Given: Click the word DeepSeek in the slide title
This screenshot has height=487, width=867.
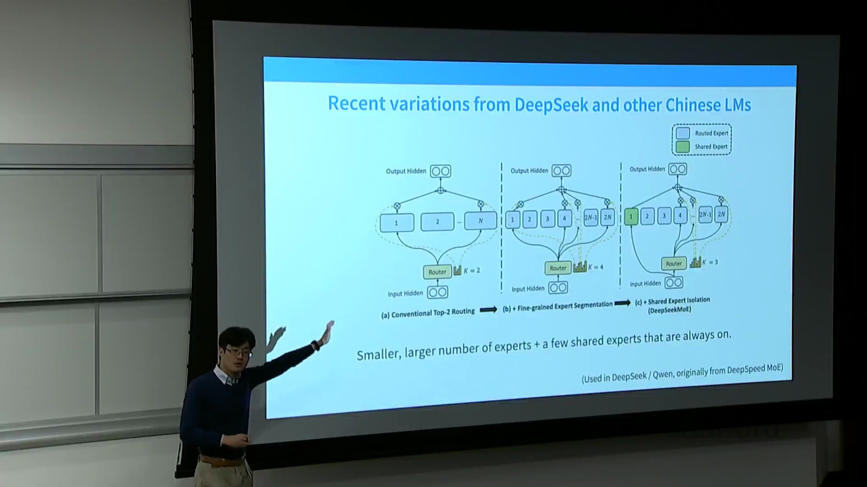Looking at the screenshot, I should [x=551, y=105].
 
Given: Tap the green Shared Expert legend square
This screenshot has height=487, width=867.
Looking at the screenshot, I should [x=683, y=147].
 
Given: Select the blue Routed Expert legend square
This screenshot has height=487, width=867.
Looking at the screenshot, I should [x=683, y=133].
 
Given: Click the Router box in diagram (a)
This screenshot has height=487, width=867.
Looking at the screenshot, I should [x=437, y=272].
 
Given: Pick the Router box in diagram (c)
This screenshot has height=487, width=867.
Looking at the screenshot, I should [x=673, y=264].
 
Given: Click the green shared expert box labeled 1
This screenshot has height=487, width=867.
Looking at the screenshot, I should [x=631, y=217].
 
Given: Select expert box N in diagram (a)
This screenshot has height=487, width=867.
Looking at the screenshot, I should [x=480, y=221].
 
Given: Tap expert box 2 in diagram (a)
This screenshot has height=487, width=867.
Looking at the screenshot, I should [x=437, y=222].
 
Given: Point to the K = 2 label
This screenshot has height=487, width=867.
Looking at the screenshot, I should [x=472, y=271].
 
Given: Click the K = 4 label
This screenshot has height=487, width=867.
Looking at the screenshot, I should [x=596, y=267].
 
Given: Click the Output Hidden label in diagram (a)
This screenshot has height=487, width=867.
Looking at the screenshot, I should [x=406, y=171].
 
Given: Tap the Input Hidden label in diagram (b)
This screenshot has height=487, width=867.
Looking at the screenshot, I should [x=528, y=289].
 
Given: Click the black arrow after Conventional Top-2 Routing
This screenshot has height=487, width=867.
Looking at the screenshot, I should [x=488, y=310].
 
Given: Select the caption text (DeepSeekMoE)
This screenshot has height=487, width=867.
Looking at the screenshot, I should [x=669, y=310].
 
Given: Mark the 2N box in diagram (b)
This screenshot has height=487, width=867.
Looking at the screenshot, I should [x=608, y=217].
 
